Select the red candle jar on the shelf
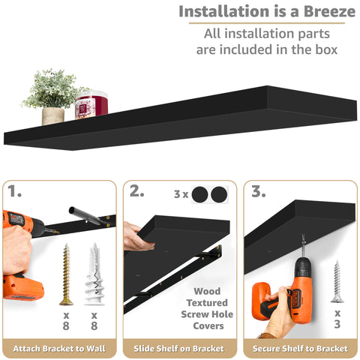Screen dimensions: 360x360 pos(91,105)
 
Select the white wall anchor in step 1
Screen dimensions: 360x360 pos(94,274)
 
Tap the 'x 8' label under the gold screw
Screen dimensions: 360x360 pos(66,319)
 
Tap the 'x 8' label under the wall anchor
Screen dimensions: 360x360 pos(94,319)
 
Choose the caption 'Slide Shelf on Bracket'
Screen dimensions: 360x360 pos(180,348)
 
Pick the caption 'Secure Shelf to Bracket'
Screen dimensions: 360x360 pos(300,348)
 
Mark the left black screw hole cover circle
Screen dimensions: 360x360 pos(199,195)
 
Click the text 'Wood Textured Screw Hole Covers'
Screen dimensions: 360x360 pos(207,308)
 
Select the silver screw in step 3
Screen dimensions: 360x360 pos(337,281)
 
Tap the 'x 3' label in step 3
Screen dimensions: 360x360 pos(337,319)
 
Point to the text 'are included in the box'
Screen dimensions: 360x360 pos(266,49)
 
